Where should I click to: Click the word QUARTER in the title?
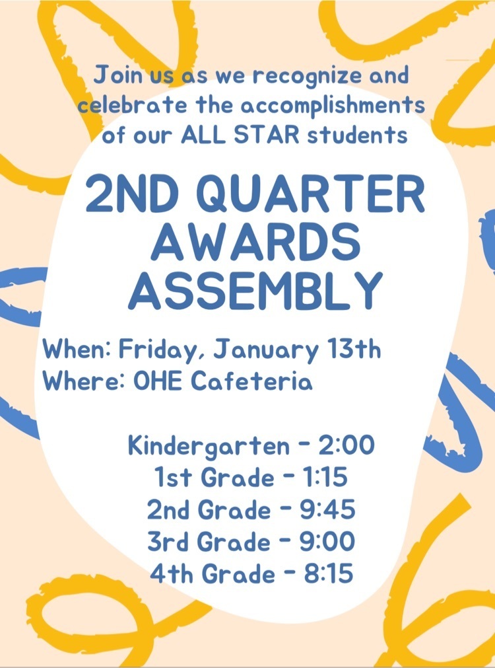pyautogui.click(x=312, y=195)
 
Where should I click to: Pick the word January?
pyautogui.click(x=265, y=352)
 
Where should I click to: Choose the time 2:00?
pyautogui.click(x=346, y=445)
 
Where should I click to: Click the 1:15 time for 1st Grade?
pyautogui.click(x=325, y=477)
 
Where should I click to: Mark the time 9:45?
pyautogui.click(x=327, y=509)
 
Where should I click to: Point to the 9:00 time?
pyautogui.click(x=327, y=542)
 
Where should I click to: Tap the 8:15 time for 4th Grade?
pyautogui.click(x=328, y=574)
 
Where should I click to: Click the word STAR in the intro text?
pyautogui.click(x=267, y=135)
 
